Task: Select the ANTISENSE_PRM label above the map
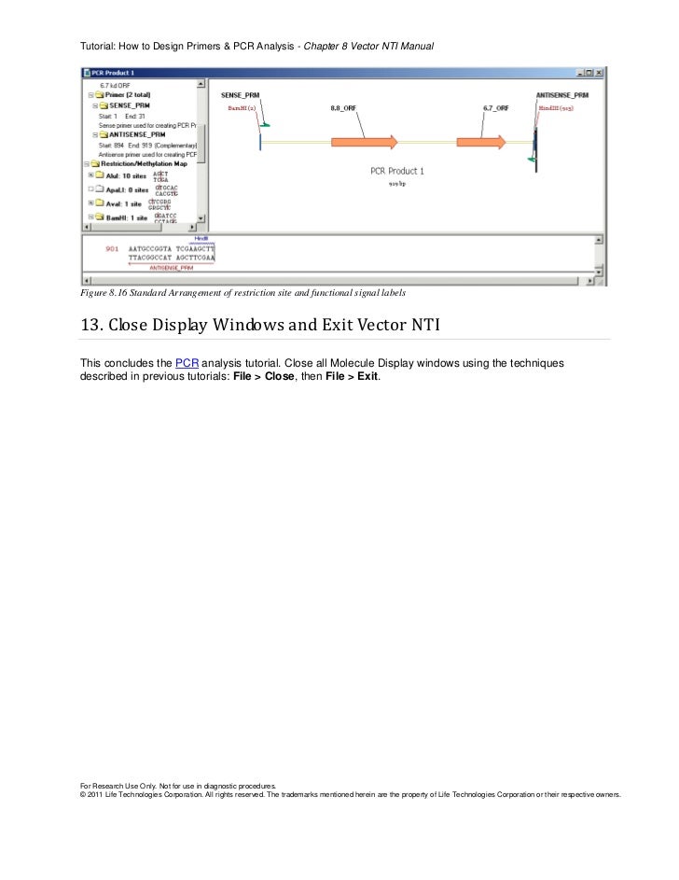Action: pos(562,95)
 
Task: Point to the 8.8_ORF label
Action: pos(344,108)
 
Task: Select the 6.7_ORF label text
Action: pos(495,108)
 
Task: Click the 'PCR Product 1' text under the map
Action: pos(396,171)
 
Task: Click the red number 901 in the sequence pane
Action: pos(112,249)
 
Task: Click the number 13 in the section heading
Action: pos(90,325)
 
